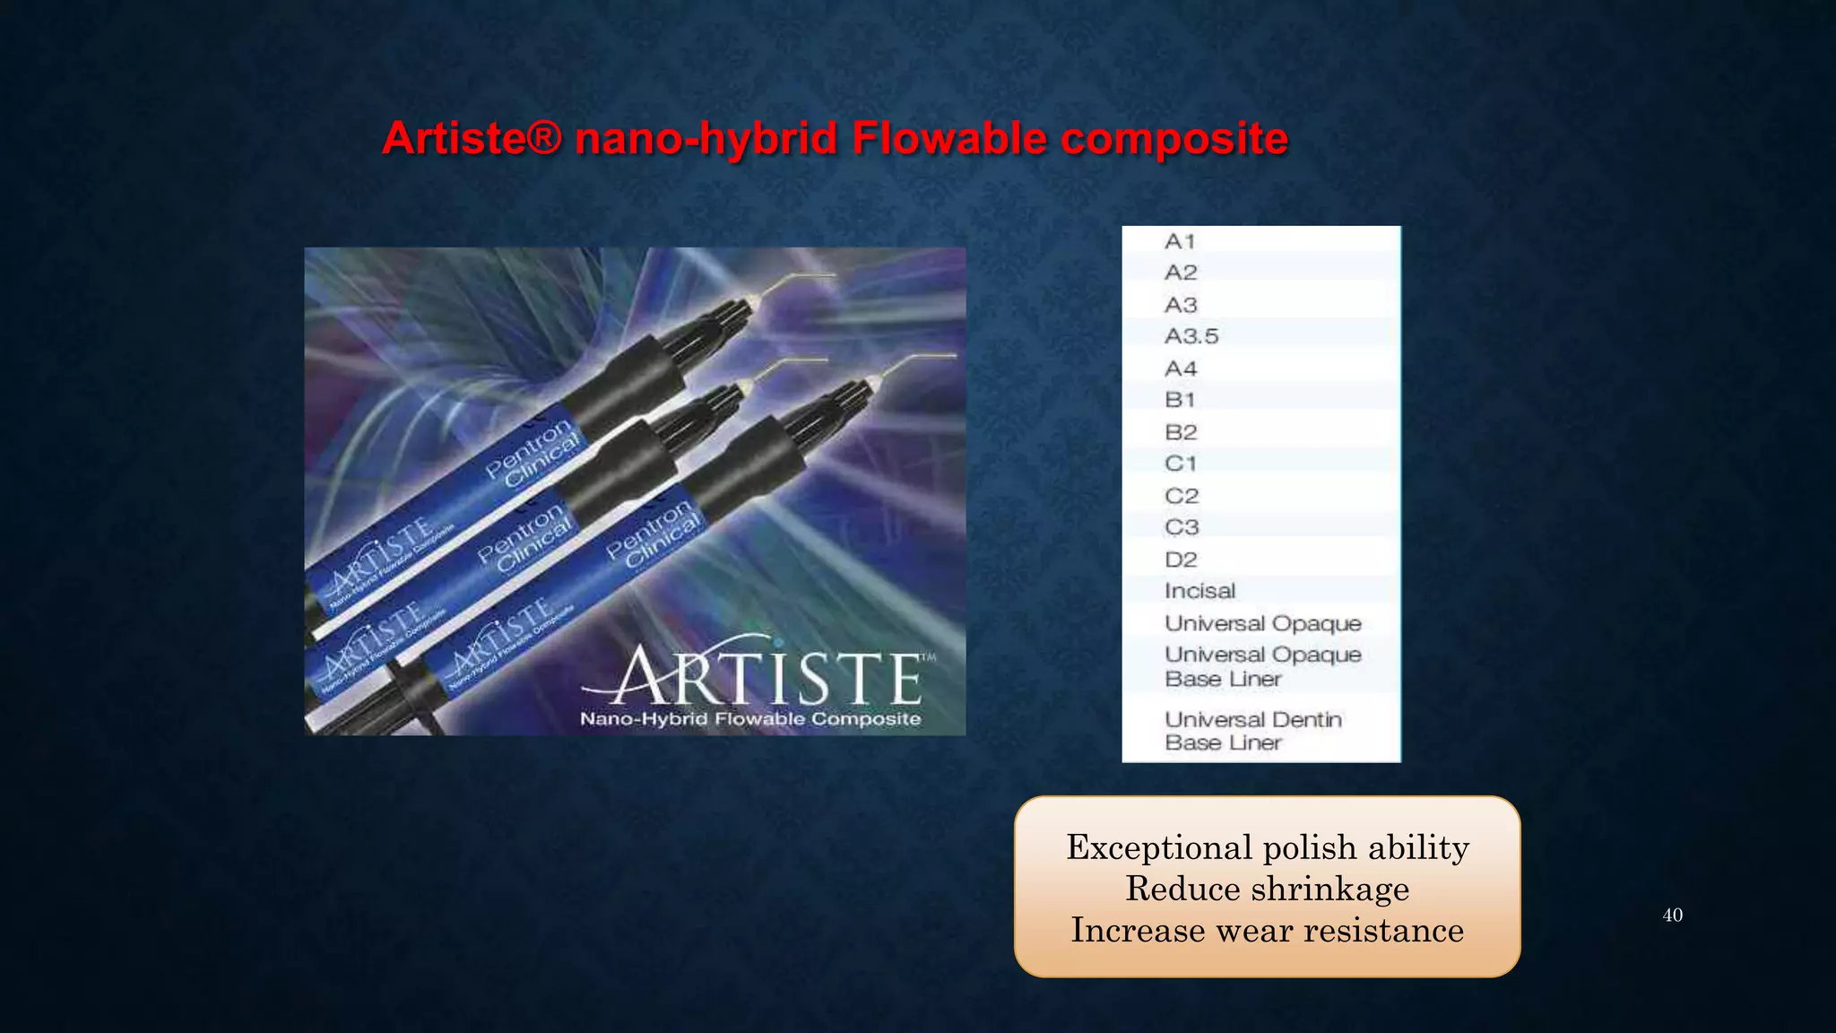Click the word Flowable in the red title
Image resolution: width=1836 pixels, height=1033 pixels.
(948, 139)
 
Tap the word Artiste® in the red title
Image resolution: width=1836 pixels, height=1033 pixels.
(472, 139)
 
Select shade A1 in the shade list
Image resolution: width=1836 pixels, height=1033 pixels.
(1180, 241)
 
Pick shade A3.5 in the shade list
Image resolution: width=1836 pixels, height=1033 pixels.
(1191, 336)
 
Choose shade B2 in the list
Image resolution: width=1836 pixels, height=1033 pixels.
(1181, 432)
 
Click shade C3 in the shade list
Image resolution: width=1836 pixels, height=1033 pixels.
(1182, 527)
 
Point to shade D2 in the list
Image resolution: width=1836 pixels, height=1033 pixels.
(1181, 560)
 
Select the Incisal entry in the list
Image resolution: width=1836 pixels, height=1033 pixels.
(1199, 591)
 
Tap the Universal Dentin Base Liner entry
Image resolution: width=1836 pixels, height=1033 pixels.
(1252, 731)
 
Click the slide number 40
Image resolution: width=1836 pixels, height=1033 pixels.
(1672, 916)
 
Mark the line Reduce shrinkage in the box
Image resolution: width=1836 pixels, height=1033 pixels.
(1267, 889)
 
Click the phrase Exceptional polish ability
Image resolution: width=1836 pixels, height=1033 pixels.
(1267, 847)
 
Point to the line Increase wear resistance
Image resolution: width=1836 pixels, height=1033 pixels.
(1267, 930)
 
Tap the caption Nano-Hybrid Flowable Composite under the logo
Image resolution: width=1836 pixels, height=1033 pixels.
(750, 719)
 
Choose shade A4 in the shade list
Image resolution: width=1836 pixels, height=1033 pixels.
(1181, 369)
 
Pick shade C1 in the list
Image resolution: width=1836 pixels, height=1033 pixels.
(1180, 464)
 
